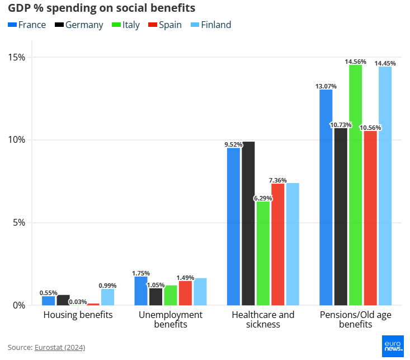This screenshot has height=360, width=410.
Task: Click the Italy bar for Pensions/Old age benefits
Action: click(x=356, y=185)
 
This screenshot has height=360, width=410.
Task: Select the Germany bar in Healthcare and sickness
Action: click(x=248, y=223)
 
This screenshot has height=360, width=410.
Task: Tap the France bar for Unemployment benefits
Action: click(x=141, y=291)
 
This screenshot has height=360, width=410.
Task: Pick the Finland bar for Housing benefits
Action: click(x=107, y=297)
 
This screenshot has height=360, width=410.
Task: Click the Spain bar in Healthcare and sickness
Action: click(x=278, y=244)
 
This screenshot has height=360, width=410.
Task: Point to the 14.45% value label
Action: click(x=385, y=63)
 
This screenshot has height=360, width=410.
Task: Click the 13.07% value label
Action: click(x=326, y=86)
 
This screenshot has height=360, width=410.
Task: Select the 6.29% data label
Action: click(x=263, y=198)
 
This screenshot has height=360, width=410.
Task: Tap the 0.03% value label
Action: click(x=78, y=302)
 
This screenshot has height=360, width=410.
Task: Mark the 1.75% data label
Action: click(x=141, y=273)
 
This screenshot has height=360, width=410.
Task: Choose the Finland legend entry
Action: click(x=211, y=25)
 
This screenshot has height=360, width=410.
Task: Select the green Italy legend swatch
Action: click(x=116, y=25)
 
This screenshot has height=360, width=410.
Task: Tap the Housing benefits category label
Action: click(x=78, y=315)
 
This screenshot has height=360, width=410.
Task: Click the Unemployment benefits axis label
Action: click(x=171, y=319)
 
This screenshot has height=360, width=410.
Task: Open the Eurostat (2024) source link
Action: click(x=60, y=348)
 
